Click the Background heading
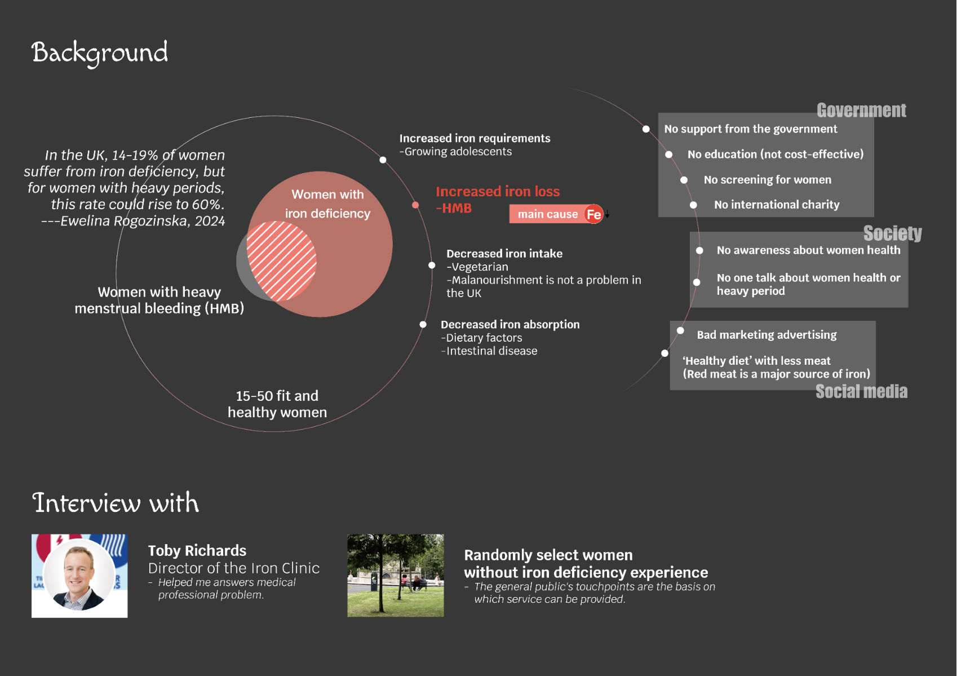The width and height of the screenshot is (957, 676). click(x=100, y=52)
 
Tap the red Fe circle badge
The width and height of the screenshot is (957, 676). click(x=593, y=214)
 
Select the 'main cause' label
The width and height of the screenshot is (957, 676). click(x=547, y=214)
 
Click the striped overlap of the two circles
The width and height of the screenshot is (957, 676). click(x=281, y=260)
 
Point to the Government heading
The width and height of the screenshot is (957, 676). click(x=861, y=111)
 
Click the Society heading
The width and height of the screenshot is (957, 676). click(x=892, y=233)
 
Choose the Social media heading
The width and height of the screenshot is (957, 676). click(x=861, y=391)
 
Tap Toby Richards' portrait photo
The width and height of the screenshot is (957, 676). click(x=79, y=576)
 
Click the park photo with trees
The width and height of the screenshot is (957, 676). click(x=396, y=576)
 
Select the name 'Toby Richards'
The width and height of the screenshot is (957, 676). click(x=197, y=550)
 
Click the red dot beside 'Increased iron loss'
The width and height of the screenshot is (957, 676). click(x=415, y=205)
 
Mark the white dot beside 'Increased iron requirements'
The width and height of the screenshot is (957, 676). click(x=383, y=160)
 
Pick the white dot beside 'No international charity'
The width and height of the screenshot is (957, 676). click(x=693, y=205)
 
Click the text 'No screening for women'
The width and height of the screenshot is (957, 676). click(x=767, y=180)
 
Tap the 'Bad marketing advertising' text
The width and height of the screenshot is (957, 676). click(x=767, y=335)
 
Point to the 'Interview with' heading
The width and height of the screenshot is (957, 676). click(x=116, y=503)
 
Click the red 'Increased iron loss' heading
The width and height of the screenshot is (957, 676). click(x=498, y=192)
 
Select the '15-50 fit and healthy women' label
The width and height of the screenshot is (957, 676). click(x=277, y=404)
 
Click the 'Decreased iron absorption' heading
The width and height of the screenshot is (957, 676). click(x=510, y=324)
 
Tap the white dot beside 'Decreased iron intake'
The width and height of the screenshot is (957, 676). click(x=432, y=265)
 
